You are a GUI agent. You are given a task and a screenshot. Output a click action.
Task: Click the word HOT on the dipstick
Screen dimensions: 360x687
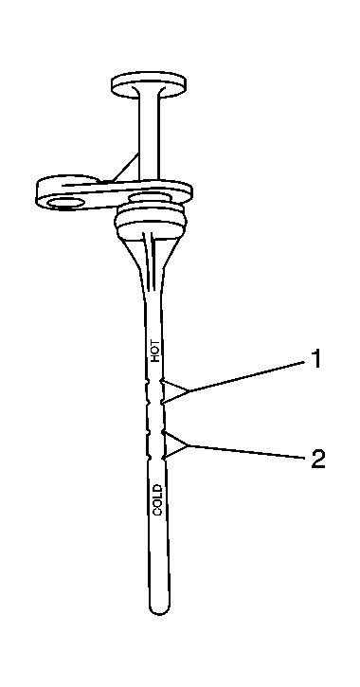point(157,352)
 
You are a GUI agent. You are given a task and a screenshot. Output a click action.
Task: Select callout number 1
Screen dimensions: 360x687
point(315,360)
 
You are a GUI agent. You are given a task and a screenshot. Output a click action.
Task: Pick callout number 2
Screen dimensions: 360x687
point(319,460)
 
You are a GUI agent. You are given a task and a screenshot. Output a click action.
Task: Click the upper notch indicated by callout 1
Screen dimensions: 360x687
point(164,382)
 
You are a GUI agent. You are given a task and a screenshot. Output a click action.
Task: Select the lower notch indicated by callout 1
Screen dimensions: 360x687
point(164,403)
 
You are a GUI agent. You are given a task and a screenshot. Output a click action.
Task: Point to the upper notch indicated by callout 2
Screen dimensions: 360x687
point(165,433)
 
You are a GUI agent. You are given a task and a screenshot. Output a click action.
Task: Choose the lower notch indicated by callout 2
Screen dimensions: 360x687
point(165,456)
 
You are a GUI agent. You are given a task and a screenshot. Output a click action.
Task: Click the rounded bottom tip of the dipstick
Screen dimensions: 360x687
point(158,606)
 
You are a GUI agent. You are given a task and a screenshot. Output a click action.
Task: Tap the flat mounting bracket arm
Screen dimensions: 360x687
point(104,194)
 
